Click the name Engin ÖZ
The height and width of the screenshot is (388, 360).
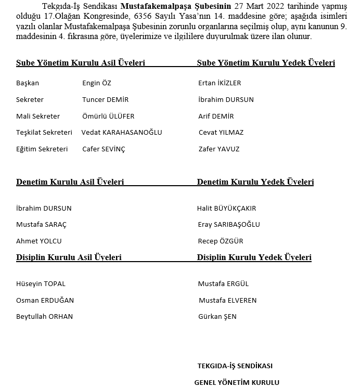(x=97, y=83)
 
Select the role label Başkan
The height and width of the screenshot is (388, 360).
(x=28, y=83)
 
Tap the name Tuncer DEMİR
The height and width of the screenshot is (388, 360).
(x=105, y=100)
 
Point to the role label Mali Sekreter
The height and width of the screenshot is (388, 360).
(x=38, y=117)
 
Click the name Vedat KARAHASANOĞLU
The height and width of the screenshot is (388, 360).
(x=122, y=133)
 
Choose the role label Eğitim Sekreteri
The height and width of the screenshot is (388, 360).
(x=42, y=149)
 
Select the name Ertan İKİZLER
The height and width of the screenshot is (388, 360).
(x=220, y=83)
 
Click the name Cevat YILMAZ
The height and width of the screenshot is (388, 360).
(x=221, y=133)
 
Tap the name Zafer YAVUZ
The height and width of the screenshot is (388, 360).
(x=219, y=149)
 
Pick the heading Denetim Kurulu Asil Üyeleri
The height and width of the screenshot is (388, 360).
(x=70, y=183)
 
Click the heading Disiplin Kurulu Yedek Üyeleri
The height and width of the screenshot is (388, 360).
(x=254, y=257)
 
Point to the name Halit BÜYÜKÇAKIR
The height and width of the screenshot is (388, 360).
(x=226, y=209)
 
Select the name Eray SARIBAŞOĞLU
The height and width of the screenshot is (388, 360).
(x=229, y=225)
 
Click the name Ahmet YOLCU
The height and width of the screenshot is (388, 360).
(x=39, y=241)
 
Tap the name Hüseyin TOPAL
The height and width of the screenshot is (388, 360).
(x=41, y=284)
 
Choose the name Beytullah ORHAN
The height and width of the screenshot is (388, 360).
(x=45, y=317)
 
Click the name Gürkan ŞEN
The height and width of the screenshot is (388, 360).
(x=217, y=317)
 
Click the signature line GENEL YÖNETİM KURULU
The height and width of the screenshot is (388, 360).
(x=237, y=382)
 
